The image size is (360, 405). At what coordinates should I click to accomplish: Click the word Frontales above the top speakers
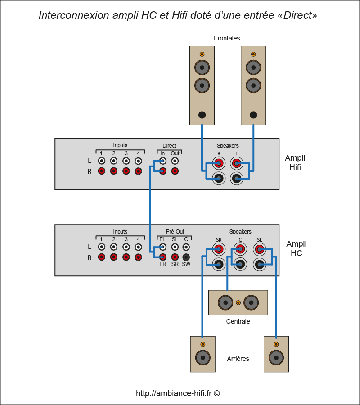(x=227, y=38)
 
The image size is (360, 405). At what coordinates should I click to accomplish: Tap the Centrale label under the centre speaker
(x=238, y=321)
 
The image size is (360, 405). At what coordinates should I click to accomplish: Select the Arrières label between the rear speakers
(x=238, y=359)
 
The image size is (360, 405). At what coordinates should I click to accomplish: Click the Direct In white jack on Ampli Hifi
(x=163, y=161)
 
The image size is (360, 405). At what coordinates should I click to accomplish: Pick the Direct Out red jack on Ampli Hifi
(x=175, y=171)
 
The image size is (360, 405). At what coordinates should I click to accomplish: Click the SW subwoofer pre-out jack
(x=186, y=257)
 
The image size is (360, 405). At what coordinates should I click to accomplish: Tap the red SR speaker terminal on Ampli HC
(x=219, y=249)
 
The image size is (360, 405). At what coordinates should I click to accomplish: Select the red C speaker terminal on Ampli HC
(x=240, y=249)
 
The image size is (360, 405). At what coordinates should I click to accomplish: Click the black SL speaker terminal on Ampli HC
(x=260, y=264)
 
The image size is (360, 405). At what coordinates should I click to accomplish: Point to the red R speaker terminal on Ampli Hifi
(x=219, y=163)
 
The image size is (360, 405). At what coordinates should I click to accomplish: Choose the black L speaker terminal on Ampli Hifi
(x=237, y=178)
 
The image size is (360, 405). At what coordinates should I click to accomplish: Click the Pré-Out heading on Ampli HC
(x=175, y=232)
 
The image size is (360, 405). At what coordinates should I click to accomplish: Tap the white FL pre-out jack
(x=163, y=247)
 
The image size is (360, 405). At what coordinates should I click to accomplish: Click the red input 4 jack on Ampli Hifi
(x=138, y=171)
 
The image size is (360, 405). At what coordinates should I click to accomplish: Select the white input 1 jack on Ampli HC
(x=102, y=247)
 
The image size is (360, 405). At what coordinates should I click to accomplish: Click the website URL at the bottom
(x=178, y=393)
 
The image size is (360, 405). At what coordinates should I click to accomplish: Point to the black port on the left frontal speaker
(x=202, y=115)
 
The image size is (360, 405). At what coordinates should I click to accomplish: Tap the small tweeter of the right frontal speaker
(x=253, y=54)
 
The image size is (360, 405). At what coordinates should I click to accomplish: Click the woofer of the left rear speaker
(x=202, y=358)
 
